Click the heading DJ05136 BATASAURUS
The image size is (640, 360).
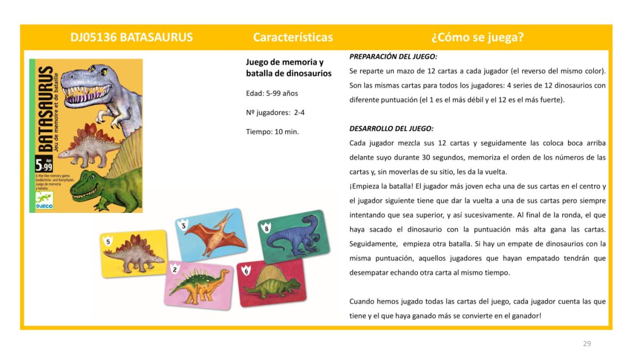[131, 37]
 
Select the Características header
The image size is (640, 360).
[293, 37]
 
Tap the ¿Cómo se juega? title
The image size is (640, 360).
[477, 37]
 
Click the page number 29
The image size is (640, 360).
[587, 343]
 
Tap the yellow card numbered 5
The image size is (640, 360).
[134, 253]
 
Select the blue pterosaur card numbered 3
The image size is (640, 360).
[211, 235]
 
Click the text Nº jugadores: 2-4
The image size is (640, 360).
[275, 113]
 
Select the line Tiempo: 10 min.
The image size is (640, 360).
[272, 132]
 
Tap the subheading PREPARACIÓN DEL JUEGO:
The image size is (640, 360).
[393, 56]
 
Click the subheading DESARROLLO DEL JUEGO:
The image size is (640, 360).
[391, 129]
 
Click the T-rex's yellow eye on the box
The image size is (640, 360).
[103, 70]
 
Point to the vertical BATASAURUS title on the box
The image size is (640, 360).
[46, 109]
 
